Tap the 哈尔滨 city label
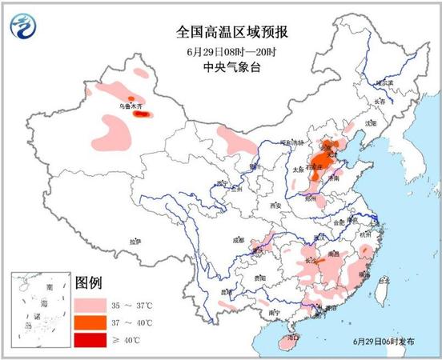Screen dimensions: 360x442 pyautogui.click(x=386, y=83)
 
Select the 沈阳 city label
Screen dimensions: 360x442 pyautogui.click(x=369, y=124)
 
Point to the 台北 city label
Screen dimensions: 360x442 pyautogui.click(x=384, y=281)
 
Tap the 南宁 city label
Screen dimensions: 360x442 pyautogui.click(x=274, y=310)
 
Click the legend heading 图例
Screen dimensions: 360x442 pyautogui.click(x=88, y=284)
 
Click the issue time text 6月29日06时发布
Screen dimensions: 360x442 pyautogui.click(x=384, y=342)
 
